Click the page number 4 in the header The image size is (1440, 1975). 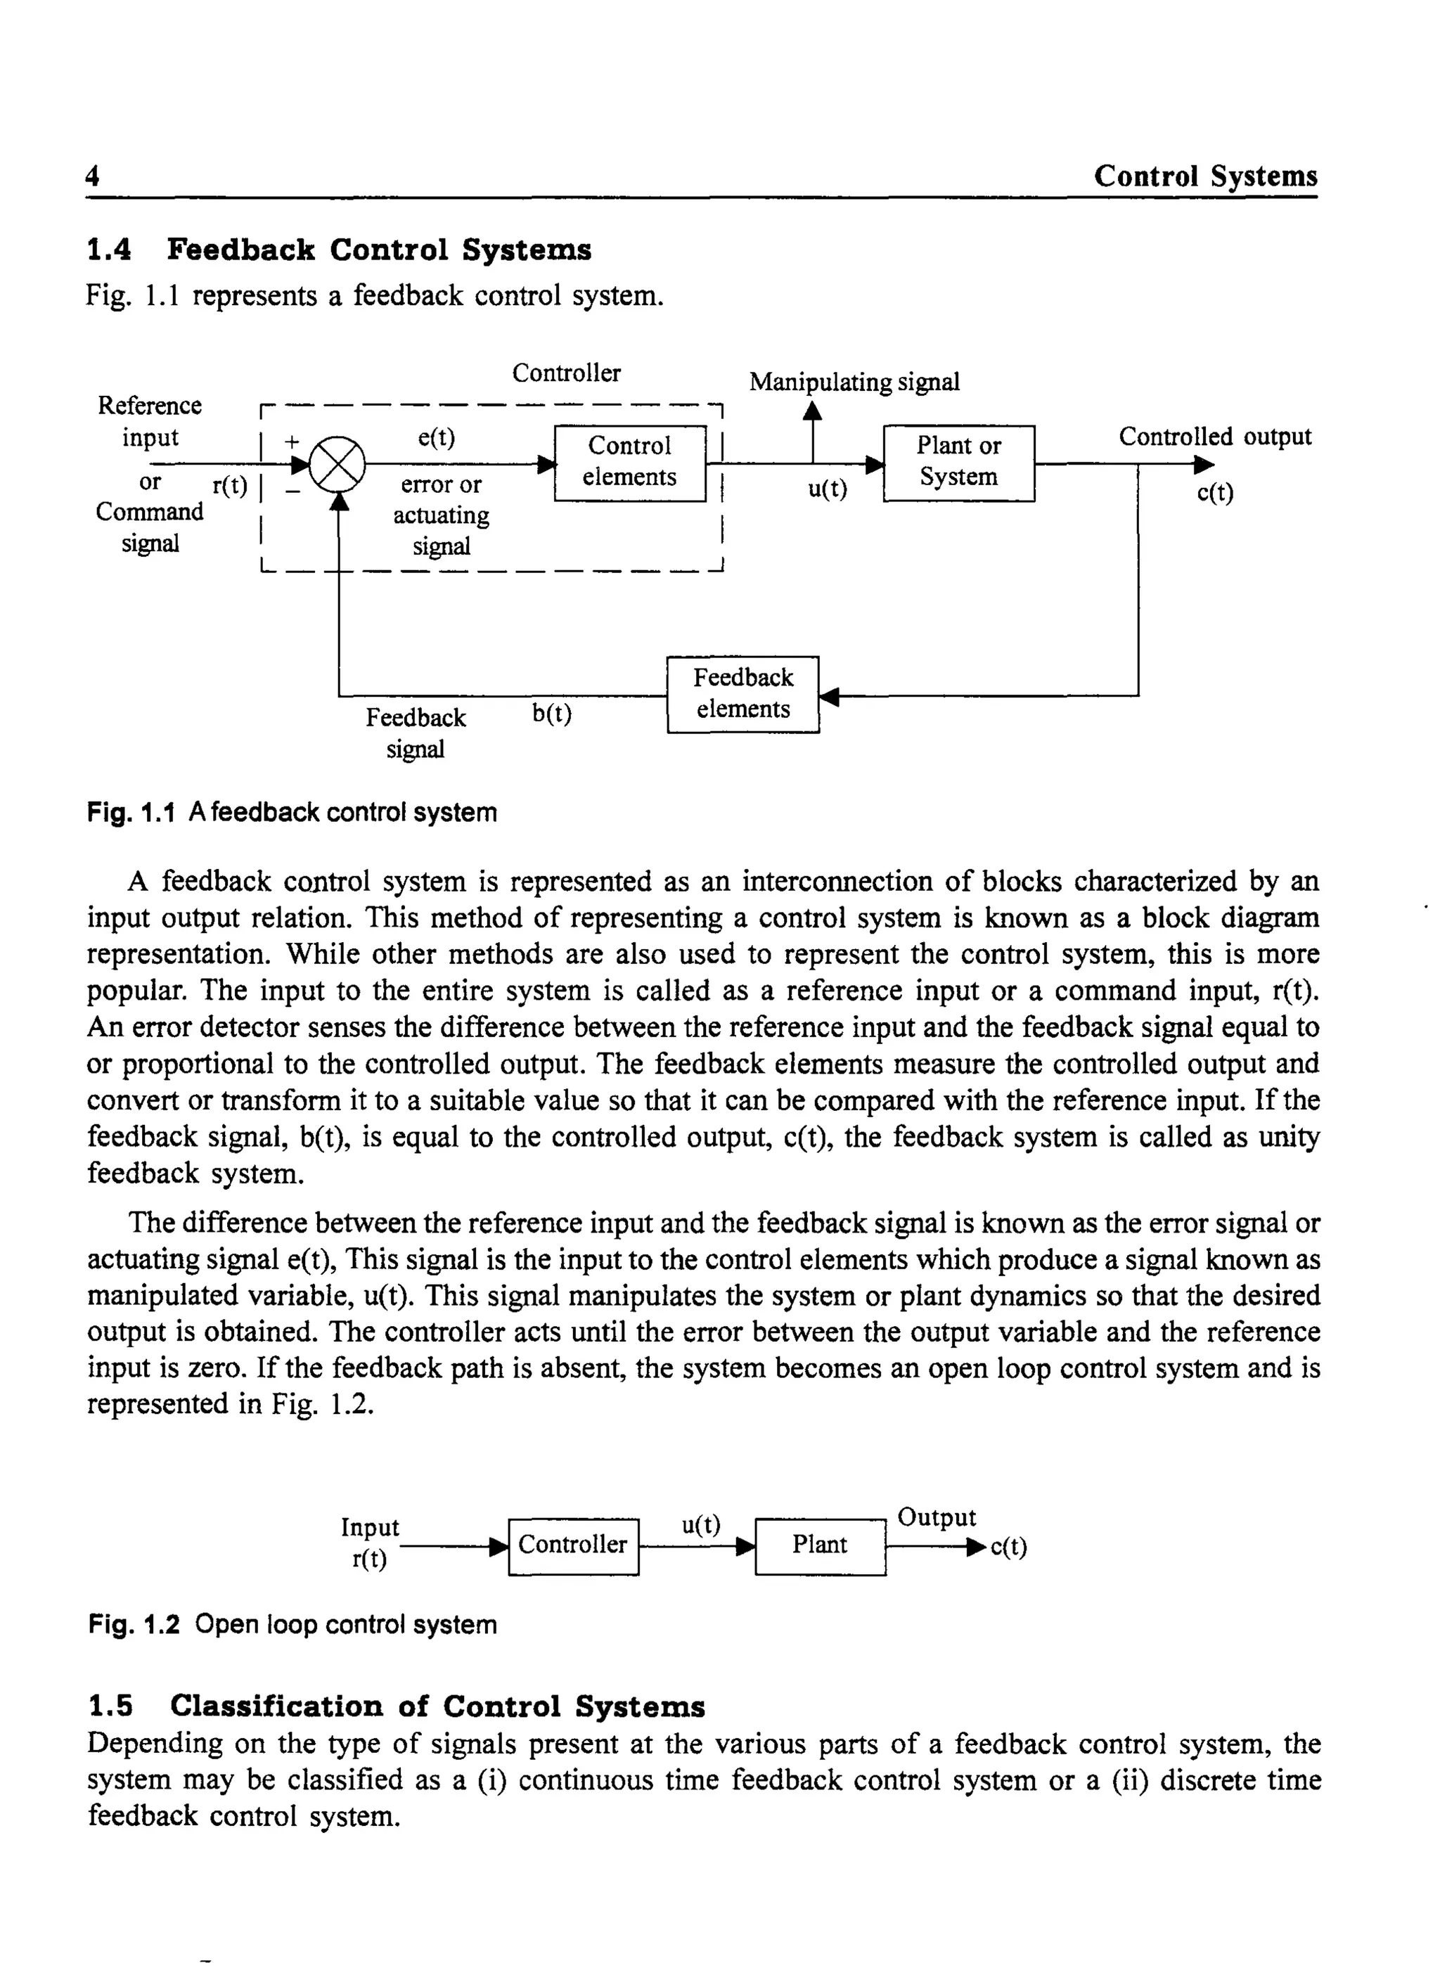92,177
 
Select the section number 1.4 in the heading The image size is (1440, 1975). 109,250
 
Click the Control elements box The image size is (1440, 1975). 629,463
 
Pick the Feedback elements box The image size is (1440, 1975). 742,695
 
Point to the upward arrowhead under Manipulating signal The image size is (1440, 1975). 812,411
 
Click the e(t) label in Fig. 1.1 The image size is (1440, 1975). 436,437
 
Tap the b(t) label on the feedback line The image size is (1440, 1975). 552,714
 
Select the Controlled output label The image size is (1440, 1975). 1214,436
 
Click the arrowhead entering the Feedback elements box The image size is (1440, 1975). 829,695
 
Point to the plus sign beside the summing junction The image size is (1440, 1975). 291,442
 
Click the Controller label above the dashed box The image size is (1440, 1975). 566,373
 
